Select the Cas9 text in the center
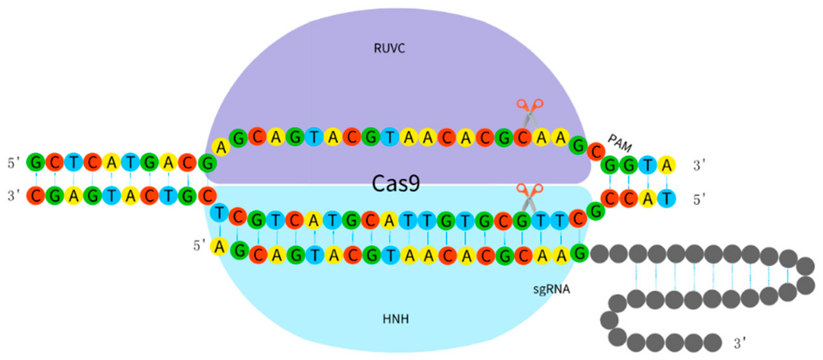(x=398, y=184)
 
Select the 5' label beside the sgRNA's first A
(x=200, y=243)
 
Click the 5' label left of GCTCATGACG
(x=13, y=163)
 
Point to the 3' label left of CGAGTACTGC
(x=13, y=196)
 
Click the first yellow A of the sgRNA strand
(x=221, y=245)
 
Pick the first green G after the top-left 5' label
(x=36, y=163)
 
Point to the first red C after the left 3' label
(x=36, y=196)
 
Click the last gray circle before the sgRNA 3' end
(x=713, y=340)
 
